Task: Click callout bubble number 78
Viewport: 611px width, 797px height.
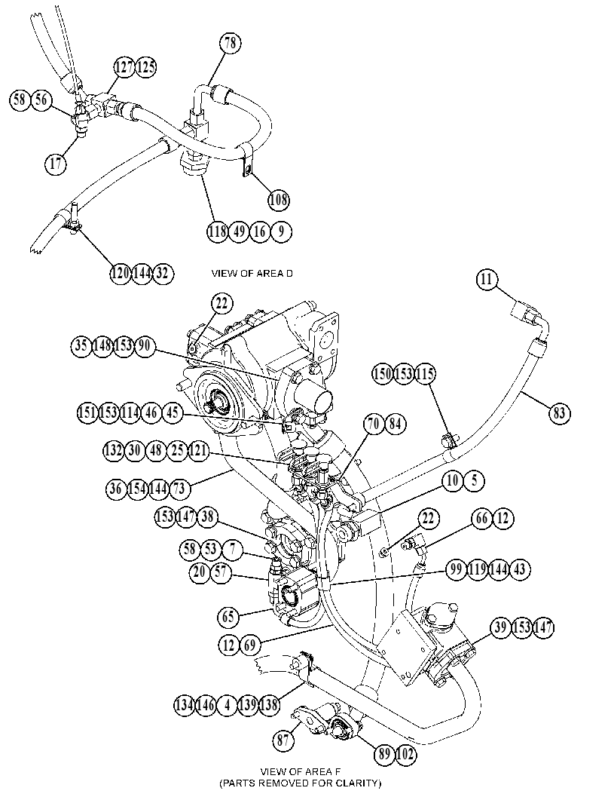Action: (231, 43)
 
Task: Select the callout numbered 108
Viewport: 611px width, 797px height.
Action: (279, 200)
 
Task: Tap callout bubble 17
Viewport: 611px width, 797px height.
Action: (56, 163)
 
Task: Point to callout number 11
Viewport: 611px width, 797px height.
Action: (487, 280)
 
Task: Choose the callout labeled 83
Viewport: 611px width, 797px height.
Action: (559, 412)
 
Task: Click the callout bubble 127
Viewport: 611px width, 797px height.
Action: (124, 67)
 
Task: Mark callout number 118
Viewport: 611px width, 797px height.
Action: (218, 231)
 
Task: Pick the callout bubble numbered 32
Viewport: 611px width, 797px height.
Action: (163, 274)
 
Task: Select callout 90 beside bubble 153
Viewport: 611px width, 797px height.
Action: (144, 345)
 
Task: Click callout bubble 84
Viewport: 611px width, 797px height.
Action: (396, 424)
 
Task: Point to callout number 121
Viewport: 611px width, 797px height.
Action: (198, 451)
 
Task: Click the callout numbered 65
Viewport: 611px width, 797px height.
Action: (228, 617)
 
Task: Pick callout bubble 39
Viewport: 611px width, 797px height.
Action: (501, 628)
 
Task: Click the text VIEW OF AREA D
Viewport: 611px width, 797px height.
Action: (252, 274)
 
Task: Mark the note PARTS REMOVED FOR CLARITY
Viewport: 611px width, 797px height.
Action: (301, 783)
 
